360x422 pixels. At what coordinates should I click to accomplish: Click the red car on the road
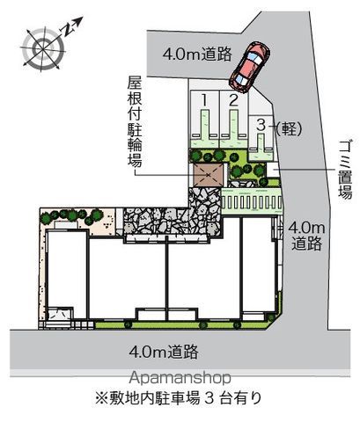coord(250,68)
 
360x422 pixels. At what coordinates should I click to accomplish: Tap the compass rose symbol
coord(43,48)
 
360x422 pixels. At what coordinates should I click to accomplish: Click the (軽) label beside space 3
coord(289,128)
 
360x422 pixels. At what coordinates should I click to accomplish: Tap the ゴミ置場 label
coord(345,170)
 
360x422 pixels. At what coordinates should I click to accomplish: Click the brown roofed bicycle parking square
coord(208,175)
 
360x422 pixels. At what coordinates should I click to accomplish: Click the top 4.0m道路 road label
coord(197,54)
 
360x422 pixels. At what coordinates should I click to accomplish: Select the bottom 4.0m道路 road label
coord(164,352)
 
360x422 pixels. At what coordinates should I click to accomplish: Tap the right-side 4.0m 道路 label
coord(306,236)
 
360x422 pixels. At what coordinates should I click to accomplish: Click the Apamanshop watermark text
coord(180,378)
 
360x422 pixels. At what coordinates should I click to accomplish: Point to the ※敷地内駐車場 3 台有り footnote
coord(178,398)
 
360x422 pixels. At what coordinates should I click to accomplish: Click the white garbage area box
coord(273,171)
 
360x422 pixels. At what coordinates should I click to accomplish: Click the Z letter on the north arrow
coord(68,29)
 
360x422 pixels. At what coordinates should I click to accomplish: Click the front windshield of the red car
coord(254,57)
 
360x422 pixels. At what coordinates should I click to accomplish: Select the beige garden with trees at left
coord(78,222)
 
